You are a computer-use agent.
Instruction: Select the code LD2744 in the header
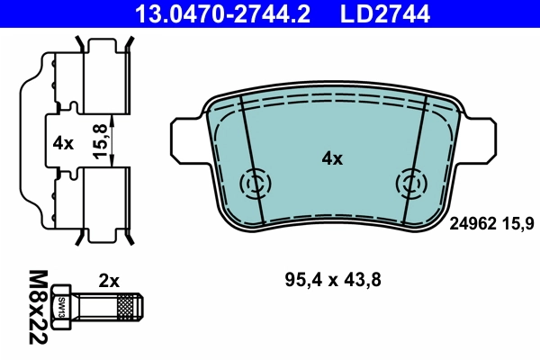tap(384, 13)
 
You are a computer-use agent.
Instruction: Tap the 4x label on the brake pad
tap(332, 159)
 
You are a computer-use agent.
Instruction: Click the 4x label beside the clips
tap(62, 142)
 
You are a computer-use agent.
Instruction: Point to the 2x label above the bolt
tap(109, 281)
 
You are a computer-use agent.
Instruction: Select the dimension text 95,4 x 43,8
tap(332, 281)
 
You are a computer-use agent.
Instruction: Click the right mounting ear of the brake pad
tap(479, 138)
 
